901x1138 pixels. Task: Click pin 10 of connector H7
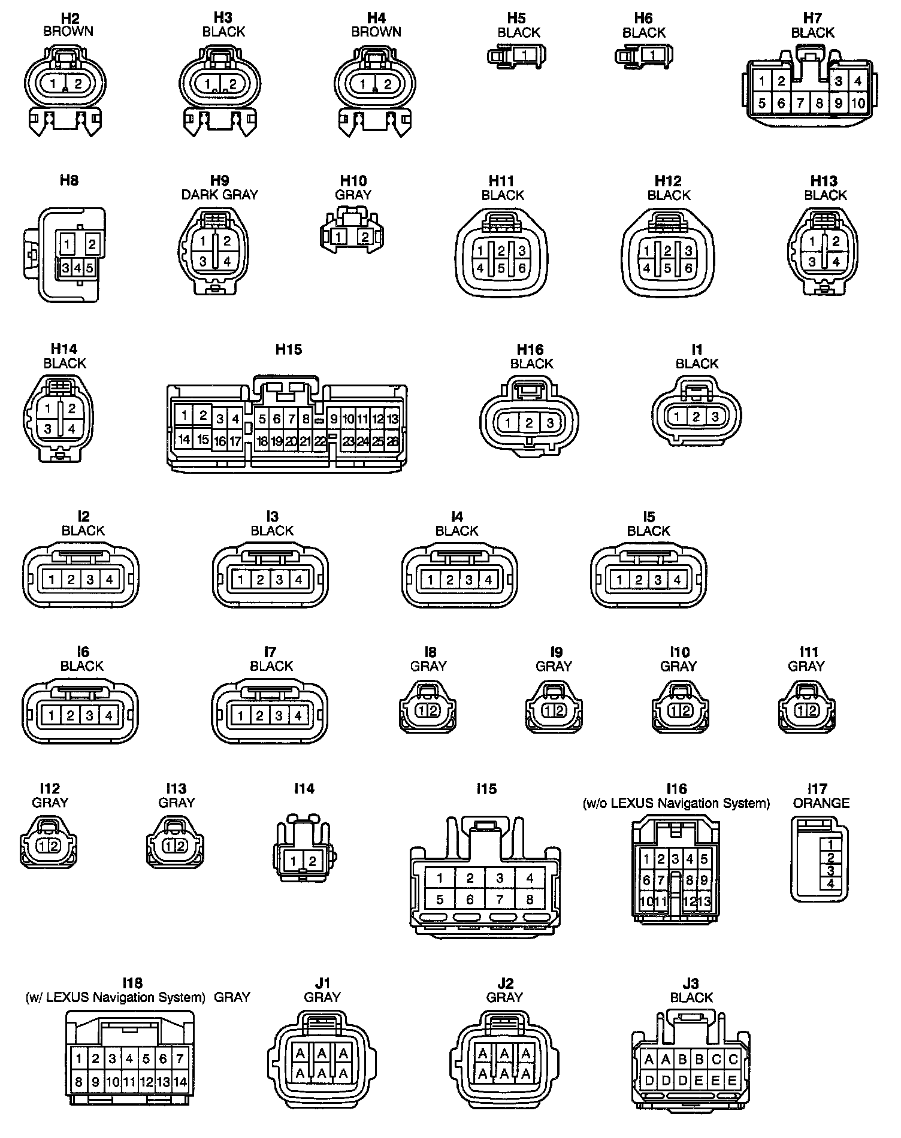pyautogui.click(x=858, y=103)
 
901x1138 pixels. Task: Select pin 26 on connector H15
pyautogui.click(x=392, y=442)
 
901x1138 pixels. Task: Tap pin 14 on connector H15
pyautogui.click(x=184, y=440)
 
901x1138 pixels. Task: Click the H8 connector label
pyautogui.click(x=69, y=180)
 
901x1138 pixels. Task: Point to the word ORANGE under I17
pyautogui.click(x=821, y=803)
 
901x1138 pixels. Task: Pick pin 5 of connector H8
pyautogui.click(x=89, y=268)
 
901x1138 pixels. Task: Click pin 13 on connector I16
pyautogui.click(x=705, y=901)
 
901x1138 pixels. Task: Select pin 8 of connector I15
pyautogui.click(x=530, y=899)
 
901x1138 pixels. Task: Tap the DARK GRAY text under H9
pyautogui.click(x=219, y=195)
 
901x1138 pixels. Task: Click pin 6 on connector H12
pyautogui.click(x=688, y=269)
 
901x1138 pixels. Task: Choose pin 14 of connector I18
pyautogui.click(x=180, y=1082)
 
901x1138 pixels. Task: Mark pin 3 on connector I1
pyautogui.click(x=715, y=417)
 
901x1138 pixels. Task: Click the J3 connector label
pyautogui.click(x=691, y=983)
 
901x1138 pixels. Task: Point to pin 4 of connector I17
pyautogui.click(x=830, y=884)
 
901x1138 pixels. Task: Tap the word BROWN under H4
pyautogui.click(x=376, y=32)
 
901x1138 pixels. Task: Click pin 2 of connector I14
pyautogui.click(x=312, y=861)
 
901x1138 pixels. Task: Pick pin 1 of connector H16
pyautogui.click(x=508, y=423)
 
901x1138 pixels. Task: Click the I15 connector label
pyautogui.click(x=486, y=789)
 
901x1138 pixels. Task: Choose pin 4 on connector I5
pyautogui.click(x=677, y=580)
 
